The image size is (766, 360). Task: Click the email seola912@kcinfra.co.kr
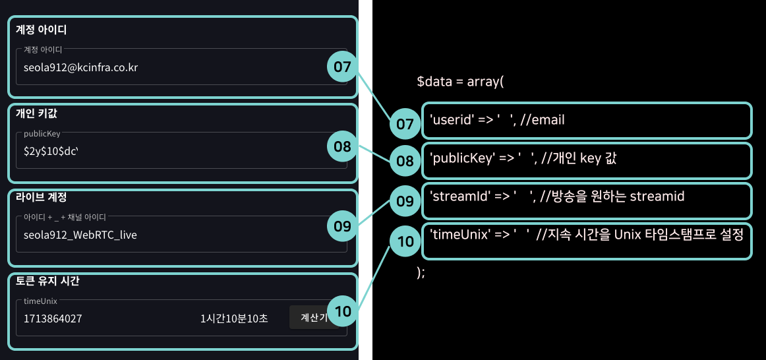[80, 67]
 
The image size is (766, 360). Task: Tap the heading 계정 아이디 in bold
[41, 30]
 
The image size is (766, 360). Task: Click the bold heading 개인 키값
[36, 113]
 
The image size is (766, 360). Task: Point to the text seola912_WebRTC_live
[80, 235]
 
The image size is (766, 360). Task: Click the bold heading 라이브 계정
[41, 197]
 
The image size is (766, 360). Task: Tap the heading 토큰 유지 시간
[47, 281]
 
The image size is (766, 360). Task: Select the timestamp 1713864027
[53, 318]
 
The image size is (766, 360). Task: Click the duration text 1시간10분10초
[234, 318]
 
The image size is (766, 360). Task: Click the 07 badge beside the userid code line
[405, 123]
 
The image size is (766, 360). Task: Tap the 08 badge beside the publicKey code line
[405, 160]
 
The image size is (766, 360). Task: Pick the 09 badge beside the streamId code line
[405, 201]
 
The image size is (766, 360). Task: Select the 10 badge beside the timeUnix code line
[405, 241]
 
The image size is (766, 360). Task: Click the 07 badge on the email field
[342, 67]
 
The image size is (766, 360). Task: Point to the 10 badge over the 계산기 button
[342, 312]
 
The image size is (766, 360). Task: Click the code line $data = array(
[460, 82]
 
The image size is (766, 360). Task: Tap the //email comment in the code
[543, 120]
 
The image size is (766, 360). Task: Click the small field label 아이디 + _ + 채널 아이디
[65, 216]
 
